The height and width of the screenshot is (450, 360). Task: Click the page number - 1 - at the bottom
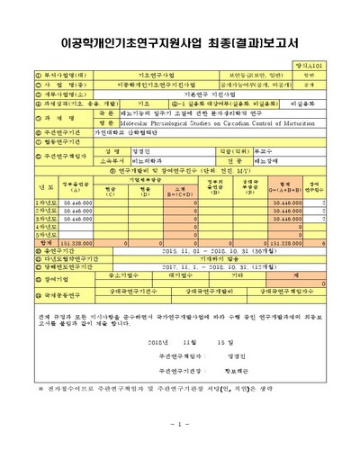(179, 423)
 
